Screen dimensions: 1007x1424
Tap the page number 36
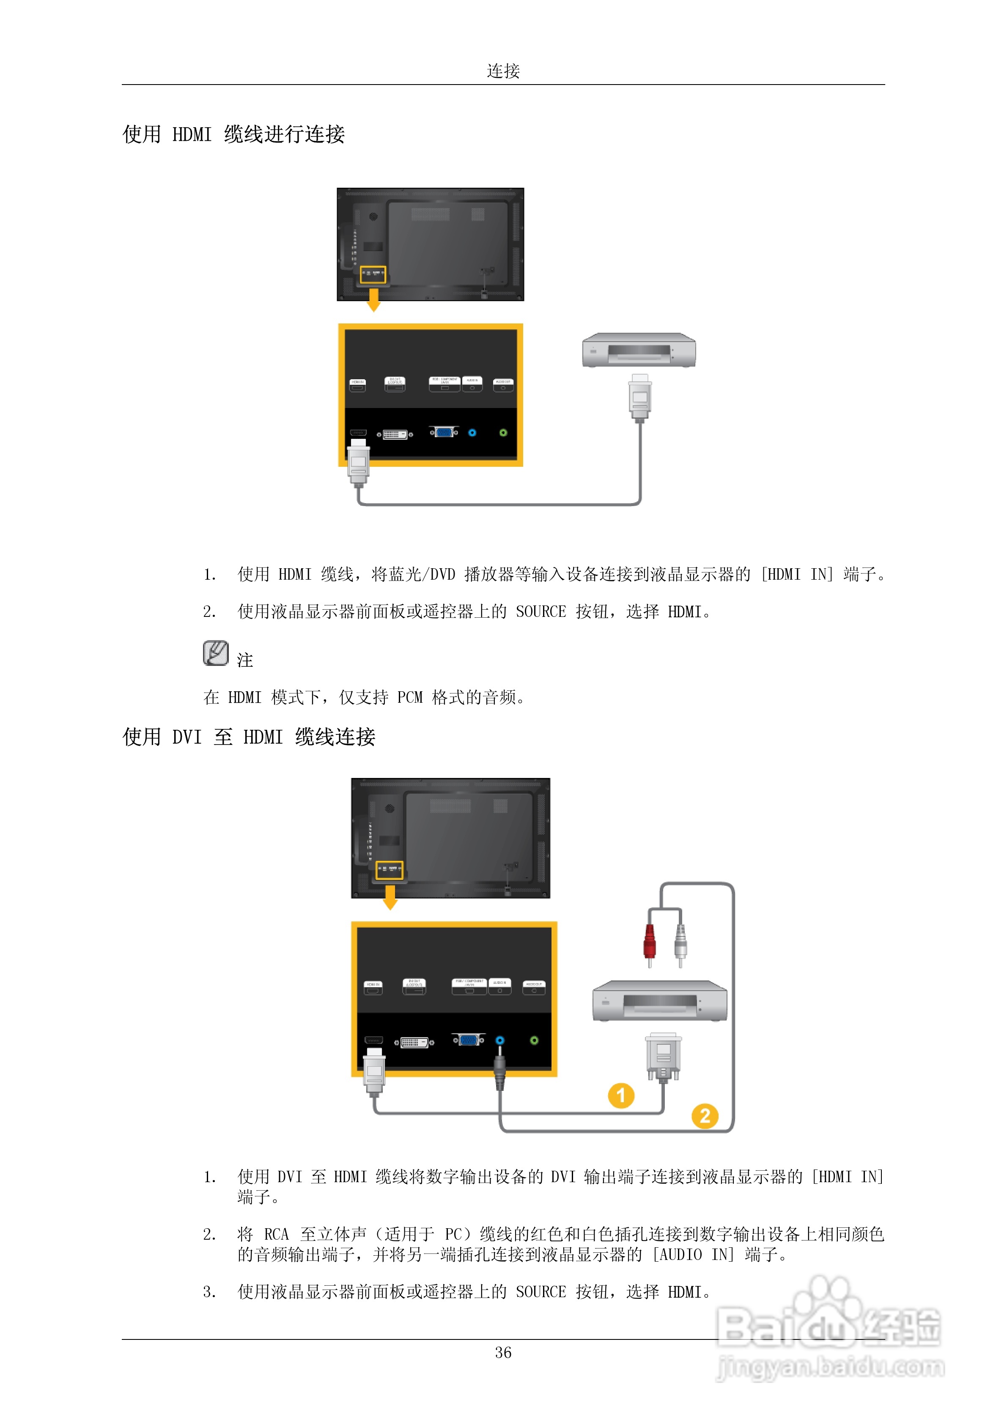(x=503, y=1352)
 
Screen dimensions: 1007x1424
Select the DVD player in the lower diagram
(x=659, y=1000)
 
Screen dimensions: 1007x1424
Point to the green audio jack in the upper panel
(x=503, y=432)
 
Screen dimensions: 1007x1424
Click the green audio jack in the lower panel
(x=534, y=1040)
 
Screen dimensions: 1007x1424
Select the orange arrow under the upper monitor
(x=373, y=300)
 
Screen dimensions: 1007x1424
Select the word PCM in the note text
(x=409, y=697)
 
